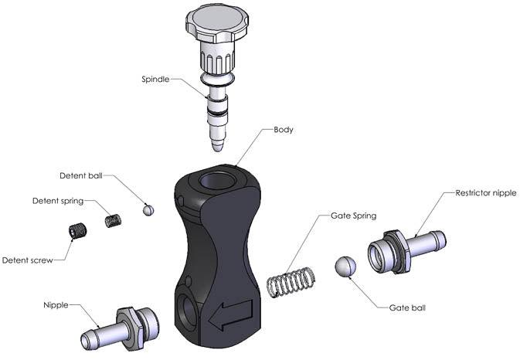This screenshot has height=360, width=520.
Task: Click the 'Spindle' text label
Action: [x=158, y=79]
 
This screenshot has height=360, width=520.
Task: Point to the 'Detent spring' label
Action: [x=57, y=201]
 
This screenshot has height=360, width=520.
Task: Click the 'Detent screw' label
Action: [x=27, y=260]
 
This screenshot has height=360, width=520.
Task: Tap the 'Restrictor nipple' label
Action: [x=485, y=192]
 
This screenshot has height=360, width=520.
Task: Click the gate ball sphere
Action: [x=344, y=267]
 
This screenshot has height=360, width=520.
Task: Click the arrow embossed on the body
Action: [x=229, y=314]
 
